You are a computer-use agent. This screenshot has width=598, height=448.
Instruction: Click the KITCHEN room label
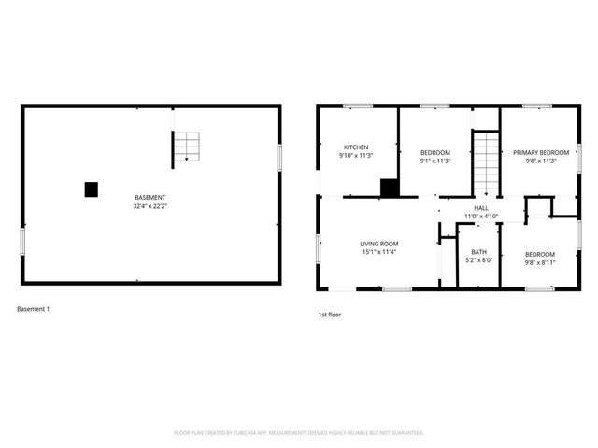tap(356, 147)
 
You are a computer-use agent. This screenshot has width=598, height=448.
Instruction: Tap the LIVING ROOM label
tap(379, 245)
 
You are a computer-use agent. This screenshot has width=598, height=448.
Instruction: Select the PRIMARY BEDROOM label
tap(541, 152)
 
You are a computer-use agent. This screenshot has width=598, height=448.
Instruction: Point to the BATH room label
tap(478, 252)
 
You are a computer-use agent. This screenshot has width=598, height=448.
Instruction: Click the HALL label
tap(481, 208)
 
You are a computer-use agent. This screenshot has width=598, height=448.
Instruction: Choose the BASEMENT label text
tap(150, 198)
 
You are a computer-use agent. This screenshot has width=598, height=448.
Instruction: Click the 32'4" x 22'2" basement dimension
tap(150, 206)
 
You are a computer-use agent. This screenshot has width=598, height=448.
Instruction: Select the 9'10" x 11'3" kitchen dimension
tap(356, 156)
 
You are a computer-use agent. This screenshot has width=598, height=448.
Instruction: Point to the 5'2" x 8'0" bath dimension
tap(478, 260)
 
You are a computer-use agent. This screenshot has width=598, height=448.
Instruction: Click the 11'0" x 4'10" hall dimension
tap(481, 217)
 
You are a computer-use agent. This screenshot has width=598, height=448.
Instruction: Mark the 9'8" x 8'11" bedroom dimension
tap(539, 263)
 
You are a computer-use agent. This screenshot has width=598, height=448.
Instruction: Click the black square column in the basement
tap(92, 189)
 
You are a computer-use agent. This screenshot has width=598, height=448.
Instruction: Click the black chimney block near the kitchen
tap(390, 187)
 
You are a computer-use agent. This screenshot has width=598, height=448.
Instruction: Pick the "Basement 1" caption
tap(34, 309)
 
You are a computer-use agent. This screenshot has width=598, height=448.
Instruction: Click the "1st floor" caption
tap(330, 315)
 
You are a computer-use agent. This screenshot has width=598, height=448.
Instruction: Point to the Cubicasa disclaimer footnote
tap(299, 433)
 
